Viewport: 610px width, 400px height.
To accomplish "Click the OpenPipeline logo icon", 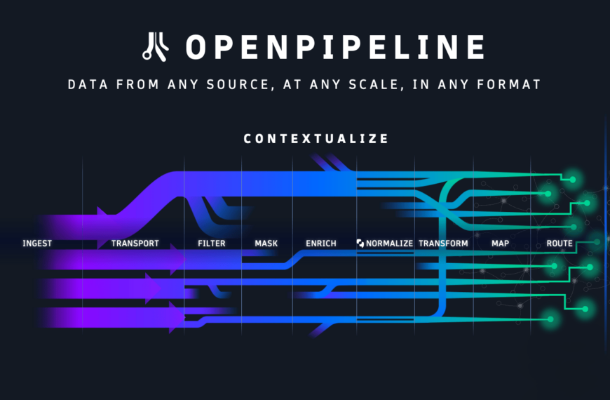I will [x=154, y=46].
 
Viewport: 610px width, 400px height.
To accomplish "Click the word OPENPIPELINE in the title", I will [x=335, y=47].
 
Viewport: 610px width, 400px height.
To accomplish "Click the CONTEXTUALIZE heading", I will [x=316, y=139].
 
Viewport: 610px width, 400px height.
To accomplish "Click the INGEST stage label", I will [x=37, y=244].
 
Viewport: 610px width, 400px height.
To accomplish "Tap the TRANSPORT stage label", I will [x=135, y=244].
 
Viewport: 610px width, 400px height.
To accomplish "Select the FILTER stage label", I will [x=212, y=244].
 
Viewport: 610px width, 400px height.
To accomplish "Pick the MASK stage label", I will [x=266, y=244].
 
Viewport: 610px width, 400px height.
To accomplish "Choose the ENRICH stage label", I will [x=321, y=244].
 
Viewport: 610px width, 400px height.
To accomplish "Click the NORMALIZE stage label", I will [x=389, y=244].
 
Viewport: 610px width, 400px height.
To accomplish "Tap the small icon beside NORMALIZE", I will [x=360, y=244].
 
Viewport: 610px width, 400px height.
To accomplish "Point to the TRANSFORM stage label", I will [x=443, y=244].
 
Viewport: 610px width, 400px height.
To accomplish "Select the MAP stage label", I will [x=501, y=244].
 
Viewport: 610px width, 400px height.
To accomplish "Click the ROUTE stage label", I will [x=560, y=244].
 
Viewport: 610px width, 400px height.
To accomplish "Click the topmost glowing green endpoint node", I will [x=573, y=180].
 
